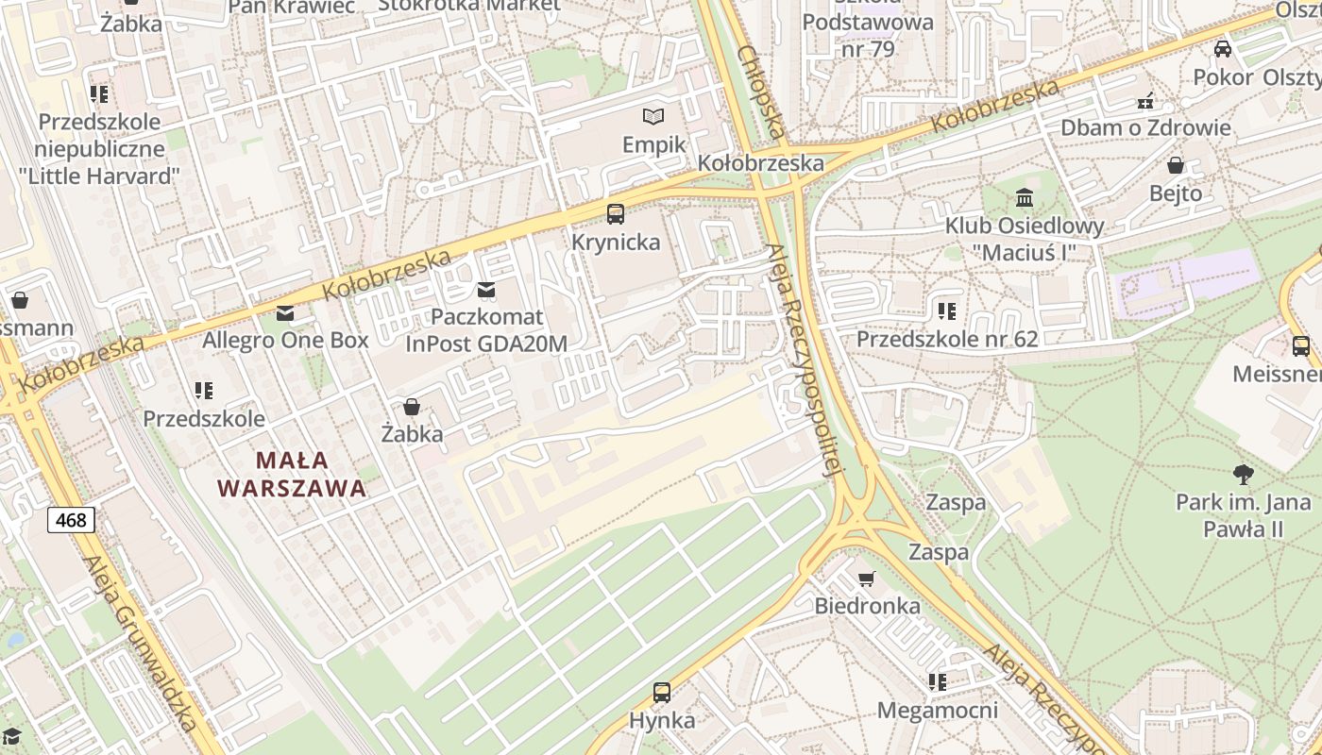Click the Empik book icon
[653, 117]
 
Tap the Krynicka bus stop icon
[616, 214]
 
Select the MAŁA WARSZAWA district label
[291, 474]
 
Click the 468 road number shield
[71, 519]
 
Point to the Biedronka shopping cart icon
[866, 579]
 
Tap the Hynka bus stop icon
[662, 693]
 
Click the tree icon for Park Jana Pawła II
[1243, 474]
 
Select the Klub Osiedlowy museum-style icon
[1025, 198]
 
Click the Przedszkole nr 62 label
[946, 339]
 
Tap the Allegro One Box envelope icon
[285, 312]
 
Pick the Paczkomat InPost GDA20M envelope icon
[486, 290]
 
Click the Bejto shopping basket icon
[1176, 166]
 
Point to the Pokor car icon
[1223, 49]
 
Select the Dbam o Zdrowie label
[1145, 127]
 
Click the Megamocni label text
[937, 710]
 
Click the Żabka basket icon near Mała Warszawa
[412, 407]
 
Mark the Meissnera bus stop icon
[1301, 346]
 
